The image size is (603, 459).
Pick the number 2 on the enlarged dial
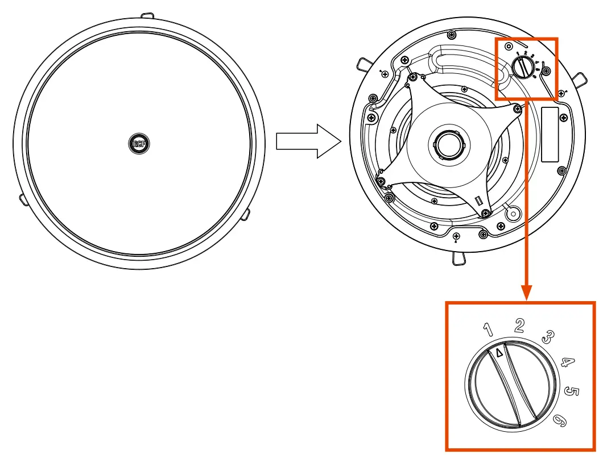(x=519, y=325)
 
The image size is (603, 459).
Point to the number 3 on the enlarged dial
(x=547, y=337)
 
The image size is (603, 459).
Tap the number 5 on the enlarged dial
(x=572, y=392)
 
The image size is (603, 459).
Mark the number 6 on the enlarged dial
(x=560, y=420)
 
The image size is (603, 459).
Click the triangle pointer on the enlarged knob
(x=499, y=353)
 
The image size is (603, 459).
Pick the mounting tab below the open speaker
(x=459, y=259)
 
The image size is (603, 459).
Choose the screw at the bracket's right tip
(x=517, y=108)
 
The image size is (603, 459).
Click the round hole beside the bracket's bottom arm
(x=513, y=213)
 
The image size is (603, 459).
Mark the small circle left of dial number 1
(x=508, y=46)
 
